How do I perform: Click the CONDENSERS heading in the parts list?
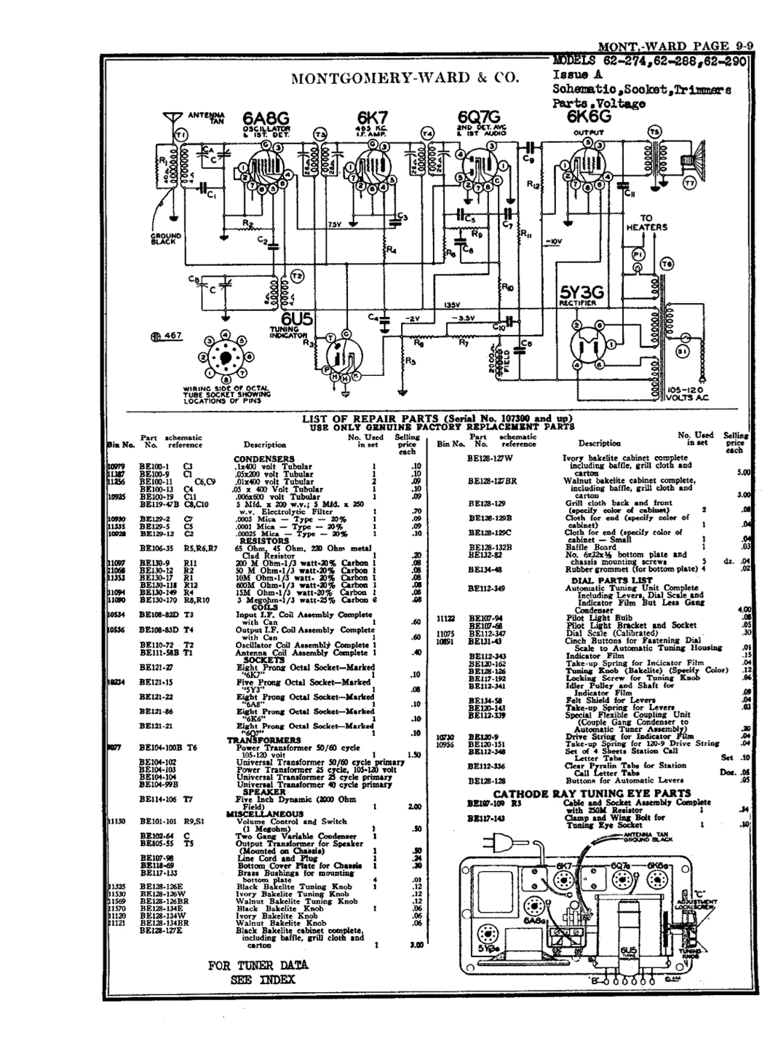click(263, 459)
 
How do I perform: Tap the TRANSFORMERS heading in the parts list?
click(264, 739)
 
